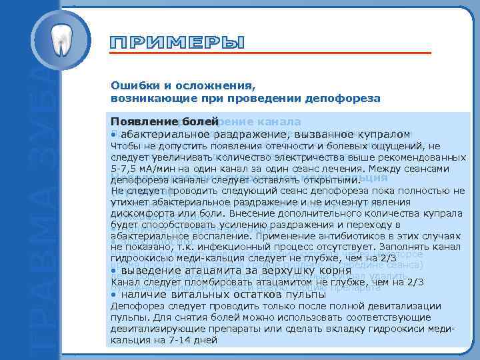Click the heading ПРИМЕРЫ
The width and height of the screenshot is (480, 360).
pyautogui.click(x=177, y=43)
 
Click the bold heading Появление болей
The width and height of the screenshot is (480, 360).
pyautogui.click(x=164, y=123)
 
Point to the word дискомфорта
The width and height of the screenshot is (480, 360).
pyautogui.click(x=141, y=213)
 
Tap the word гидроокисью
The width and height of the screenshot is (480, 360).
pyautogui.click(x=141, y=258)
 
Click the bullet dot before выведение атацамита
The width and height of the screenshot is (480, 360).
pyautogui.click(x=114, y=271)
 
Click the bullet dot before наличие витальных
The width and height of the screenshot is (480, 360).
pyautogui.click(x=114, y=294)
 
